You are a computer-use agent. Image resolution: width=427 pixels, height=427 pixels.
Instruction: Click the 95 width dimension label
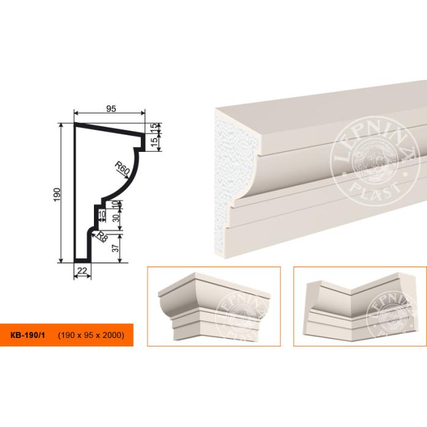click(111, 109)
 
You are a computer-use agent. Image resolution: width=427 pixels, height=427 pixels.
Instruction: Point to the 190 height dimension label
click(57, 195)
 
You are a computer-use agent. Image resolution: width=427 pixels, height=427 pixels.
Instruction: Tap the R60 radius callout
click(122, 168)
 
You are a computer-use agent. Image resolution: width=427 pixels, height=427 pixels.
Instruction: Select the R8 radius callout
click(102, 237)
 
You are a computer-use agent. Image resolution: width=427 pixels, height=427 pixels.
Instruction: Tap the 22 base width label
click(82, 271)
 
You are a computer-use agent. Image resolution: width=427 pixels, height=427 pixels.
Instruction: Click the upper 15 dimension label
click(154, 127)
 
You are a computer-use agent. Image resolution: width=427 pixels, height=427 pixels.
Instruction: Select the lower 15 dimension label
click(154, 142)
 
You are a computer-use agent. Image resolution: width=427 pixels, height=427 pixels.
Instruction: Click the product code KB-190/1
click(27, 335)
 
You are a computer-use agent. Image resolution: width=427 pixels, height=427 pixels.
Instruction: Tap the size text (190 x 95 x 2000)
click(91, 335)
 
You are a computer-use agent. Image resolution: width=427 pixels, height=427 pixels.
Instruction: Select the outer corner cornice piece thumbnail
click(213, 306)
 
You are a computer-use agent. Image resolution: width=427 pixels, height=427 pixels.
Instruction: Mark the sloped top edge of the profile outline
click(109, 130)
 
